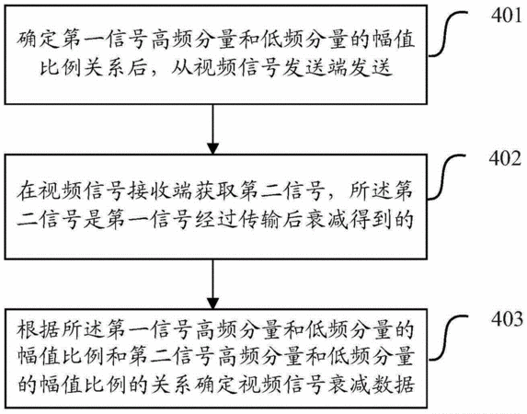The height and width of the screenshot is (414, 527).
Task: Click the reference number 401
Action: pos(508,16)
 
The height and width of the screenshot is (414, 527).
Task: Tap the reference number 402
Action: pos(506,158)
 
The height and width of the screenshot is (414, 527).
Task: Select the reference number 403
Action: pos(508,318)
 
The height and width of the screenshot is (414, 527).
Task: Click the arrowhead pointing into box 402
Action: pos(212,148)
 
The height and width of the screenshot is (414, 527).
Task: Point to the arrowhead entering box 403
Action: pos(212,303)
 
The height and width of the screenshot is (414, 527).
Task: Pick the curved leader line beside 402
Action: pos(445,178)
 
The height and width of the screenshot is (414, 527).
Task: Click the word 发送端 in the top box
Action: pos(315,67)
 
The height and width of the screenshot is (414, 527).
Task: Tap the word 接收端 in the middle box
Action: pos(161,191)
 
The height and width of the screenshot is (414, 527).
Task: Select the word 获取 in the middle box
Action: pos(216,191)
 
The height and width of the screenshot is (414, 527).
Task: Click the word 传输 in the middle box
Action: pos(260,220)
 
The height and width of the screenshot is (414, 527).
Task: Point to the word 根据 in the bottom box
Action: pos(39,328)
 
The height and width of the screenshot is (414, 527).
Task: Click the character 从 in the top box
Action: pos(182,67)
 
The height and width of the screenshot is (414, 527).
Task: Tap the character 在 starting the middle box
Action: pos(28,191)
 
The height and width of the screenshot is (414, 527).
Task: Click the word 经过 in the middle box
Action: pos(216,220)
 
